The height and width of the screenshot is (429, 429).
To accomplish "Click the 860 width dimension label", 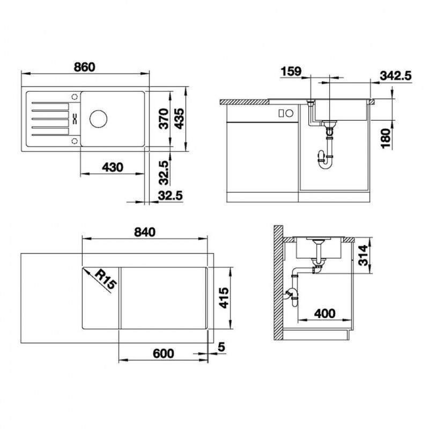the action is pos(85,67).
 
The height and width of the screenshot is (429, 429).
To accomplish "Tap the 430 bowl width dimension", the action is pos(113,167).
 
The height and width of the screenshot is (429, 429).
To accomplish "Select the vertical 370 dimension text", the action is pos(164,119).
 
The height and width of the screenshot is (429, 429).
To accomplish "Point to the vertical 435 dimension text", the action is pos(180,119).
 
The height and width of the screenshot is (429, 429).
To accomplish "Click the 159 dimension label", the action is pos(291,71).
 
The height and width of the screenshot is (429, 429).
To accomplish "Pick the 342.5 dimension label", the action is pos(396,76).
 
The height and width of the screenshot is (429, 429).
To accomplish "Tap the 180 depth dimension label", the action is pos(386,138).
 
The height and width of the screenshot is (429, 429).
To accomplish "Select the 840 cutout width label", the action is pos(145,232).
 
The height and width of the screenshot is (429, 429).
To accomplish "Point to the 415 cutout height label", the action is pos(224,298).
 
